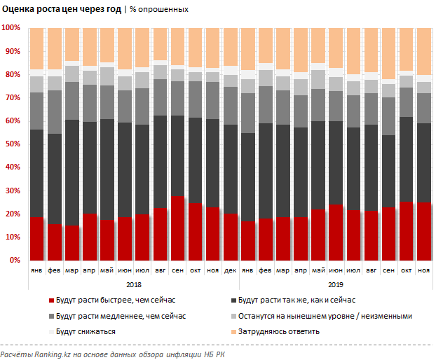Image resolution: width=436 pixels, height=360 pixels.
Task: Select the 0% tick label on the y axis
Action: [x=13, y=260]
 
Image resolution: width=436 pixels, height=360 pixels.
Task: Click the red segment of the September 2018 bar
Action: [x=178, y=228]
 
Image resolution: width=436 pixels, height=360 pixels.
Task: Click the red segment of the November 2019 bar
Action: [x=424, y=231]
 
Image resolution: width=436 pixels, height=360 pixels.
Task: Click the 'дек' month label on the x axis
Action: [x=231, y=270]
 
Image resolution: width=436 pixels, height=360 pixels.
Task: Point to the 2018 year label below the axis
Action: [x=134, y=285]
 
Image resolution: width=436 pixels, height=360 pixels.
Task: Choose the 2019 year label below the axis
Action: [x=334, y=285]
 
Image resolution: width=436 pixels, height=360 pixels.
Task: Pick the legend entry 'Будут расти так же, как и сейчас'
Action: [x=304, y=300]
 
